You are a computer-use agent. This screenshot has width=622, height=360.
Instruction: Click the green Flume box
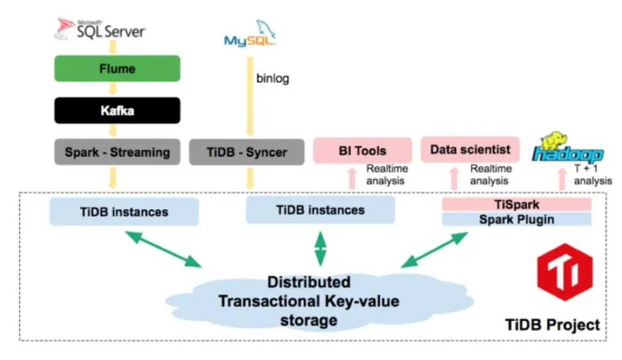(x=117, y=68)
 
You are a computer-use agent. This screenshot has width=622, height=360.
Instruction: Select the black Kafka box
(x=117, y=110)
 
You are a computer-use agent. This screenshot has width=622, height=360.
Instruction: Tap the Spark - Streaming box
(x=117, y=152)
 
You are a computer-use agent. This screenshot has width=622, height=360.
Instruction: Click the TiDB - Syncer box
(x=247, y=152)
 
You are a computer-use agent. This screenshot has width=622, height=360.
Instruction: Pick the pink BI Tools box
(x=362, y=150)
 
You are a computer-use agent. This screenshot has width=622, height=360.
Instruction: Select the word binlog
(x=272, y=79)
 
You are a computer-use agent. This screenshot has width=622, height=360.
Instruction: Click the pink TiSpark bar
(x=516, y=205)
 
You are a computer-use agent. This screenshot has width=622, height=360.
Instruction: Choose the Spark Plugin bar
(x=516, y=219)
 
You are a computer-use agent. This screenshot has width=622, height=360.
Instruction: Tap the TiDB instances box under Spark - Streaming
(x=124, y=211)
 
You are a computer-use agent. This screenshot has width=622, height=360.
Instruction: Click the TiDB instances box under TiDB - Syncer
(x=320, y=210)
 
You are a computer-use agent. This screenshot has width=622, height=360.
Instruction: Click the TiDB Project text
(x=553, y=325)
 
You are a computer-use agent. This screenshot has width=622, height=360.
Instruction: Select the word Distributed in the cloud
(x=309, y=282)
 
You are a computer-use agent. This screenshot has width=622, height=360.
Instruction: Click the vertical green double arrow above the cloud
(x=320, y=249)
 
